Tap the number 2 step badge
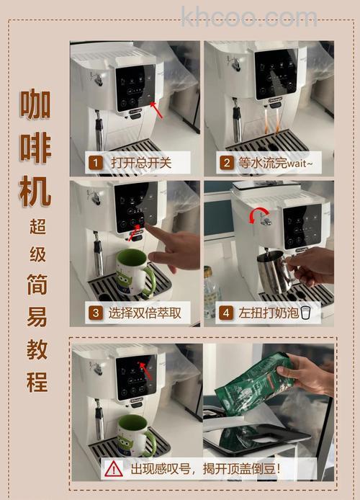226,163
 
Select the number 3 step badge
95,313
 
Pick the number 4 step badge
226,313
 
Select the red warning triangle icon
114,468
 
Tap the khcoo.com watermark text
249,17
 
